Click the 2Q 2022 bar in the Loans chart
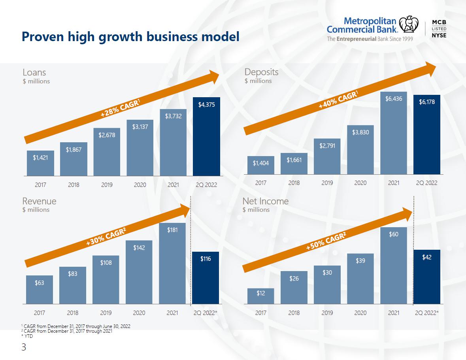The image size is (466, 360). pyautogui.click(x=206, y=136)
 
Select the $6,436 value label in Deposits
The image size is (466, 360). pyautogui.click(x=394, y=99)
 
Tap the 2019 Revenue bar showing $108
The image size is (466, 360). pyautogui.click(x=106, y=279)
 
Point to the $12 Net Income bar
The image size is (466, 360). pyautogui.click(x=260, y=296)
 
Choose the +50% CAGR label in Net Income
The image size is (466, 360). pyautogui.click(x=326, y=241)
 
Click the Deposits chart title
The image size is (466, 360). pyautogui.click(x=261, y=72)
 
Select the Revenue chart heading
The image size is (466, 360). pyautogui.click(x=39, y=201)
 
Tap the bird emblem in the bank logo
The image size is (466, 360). pyautogui.click(x=409, y=24)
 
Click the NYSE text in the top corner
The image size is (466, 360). pyautogui.click(x=439, y=35)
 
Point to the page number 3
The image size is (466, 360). pyautogui.click(x=24, y=347)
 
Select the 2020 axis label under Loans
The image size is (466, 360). pyautogui.click(x=140, y=185)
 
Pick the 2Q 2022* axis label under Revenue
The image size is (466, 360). pyautogui.click(x=206, y=313)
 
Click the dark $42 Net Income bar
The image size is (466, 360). pyautogui.click(x=427, y=277)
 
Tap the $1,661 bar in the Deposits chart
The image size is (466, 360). pyautogui.click(x=294, y=164)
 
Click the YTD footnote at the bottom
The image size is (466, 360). pyautogui.click(x=27, y=336)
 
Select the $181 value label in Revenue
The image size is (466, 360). pyautogui.click(x=172, y=230)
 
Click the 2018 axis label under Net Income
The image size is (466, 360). pyautogui.click(x=294, y=313)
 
